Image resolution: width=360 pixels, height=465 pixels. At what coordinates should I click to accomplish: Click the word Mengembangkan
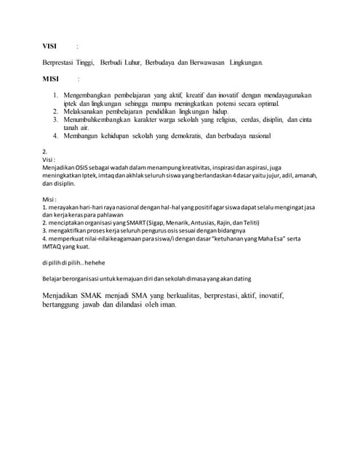tap(89, 95)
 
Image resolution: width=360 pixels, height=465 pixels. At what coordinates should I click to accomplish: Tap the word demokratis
tap(217, 135)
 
